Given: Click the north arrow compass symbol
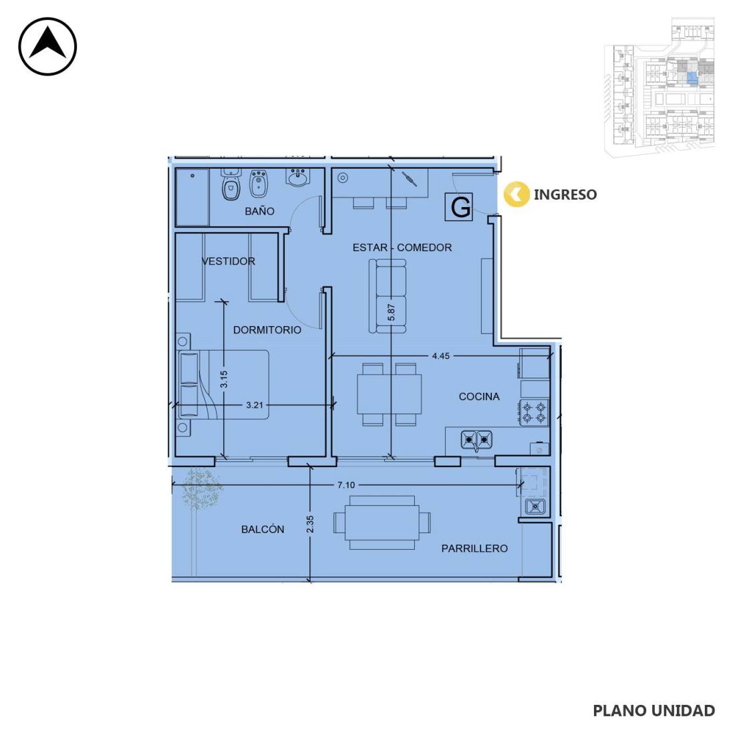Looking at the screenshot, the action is (x=47, y=46).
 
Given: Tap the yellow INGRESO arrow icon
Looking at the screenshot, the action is (x=517, y=194).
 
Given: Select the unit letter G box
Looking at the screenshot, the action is (x=459, y=206).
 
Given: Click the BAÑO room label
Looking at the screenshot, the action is (x=259, y=211).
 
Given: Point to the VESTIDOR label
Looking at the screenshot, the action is (x=229, y=261).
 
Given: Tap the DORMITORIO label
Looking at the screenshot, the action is (x=267, y=330).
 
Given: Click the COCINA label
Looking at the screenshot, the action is (x=479, y=396).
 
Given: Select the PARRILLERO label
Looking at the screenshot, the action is (x=474, y=549).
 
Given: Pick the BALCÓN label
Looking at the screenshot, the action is (x=263, y=529).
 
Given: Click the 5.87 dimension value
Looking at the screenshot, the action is (x=392, y=313).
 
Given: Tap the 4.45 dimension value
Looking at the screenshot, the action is (x=440, y=355).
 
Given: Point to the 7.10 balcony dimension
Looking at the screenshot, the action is (x=346, y=485).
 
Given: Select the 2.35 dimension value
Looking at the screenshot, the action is (x=310, y=525).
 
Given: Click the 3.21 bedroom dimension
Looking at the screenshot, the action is (x=255, y=405).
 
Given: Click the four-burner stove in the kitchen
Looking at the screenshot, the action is (x=534, y=412).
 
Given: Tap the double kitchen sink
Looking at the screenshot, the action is (x=476, y=440).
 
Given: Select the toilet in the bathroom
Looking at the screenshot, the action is (x=231, y=185).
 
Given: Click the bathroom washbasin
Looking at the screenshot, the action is (x=297, y=178).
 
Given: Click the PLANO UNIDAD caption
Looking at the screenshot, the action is (x=654, y=711).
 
